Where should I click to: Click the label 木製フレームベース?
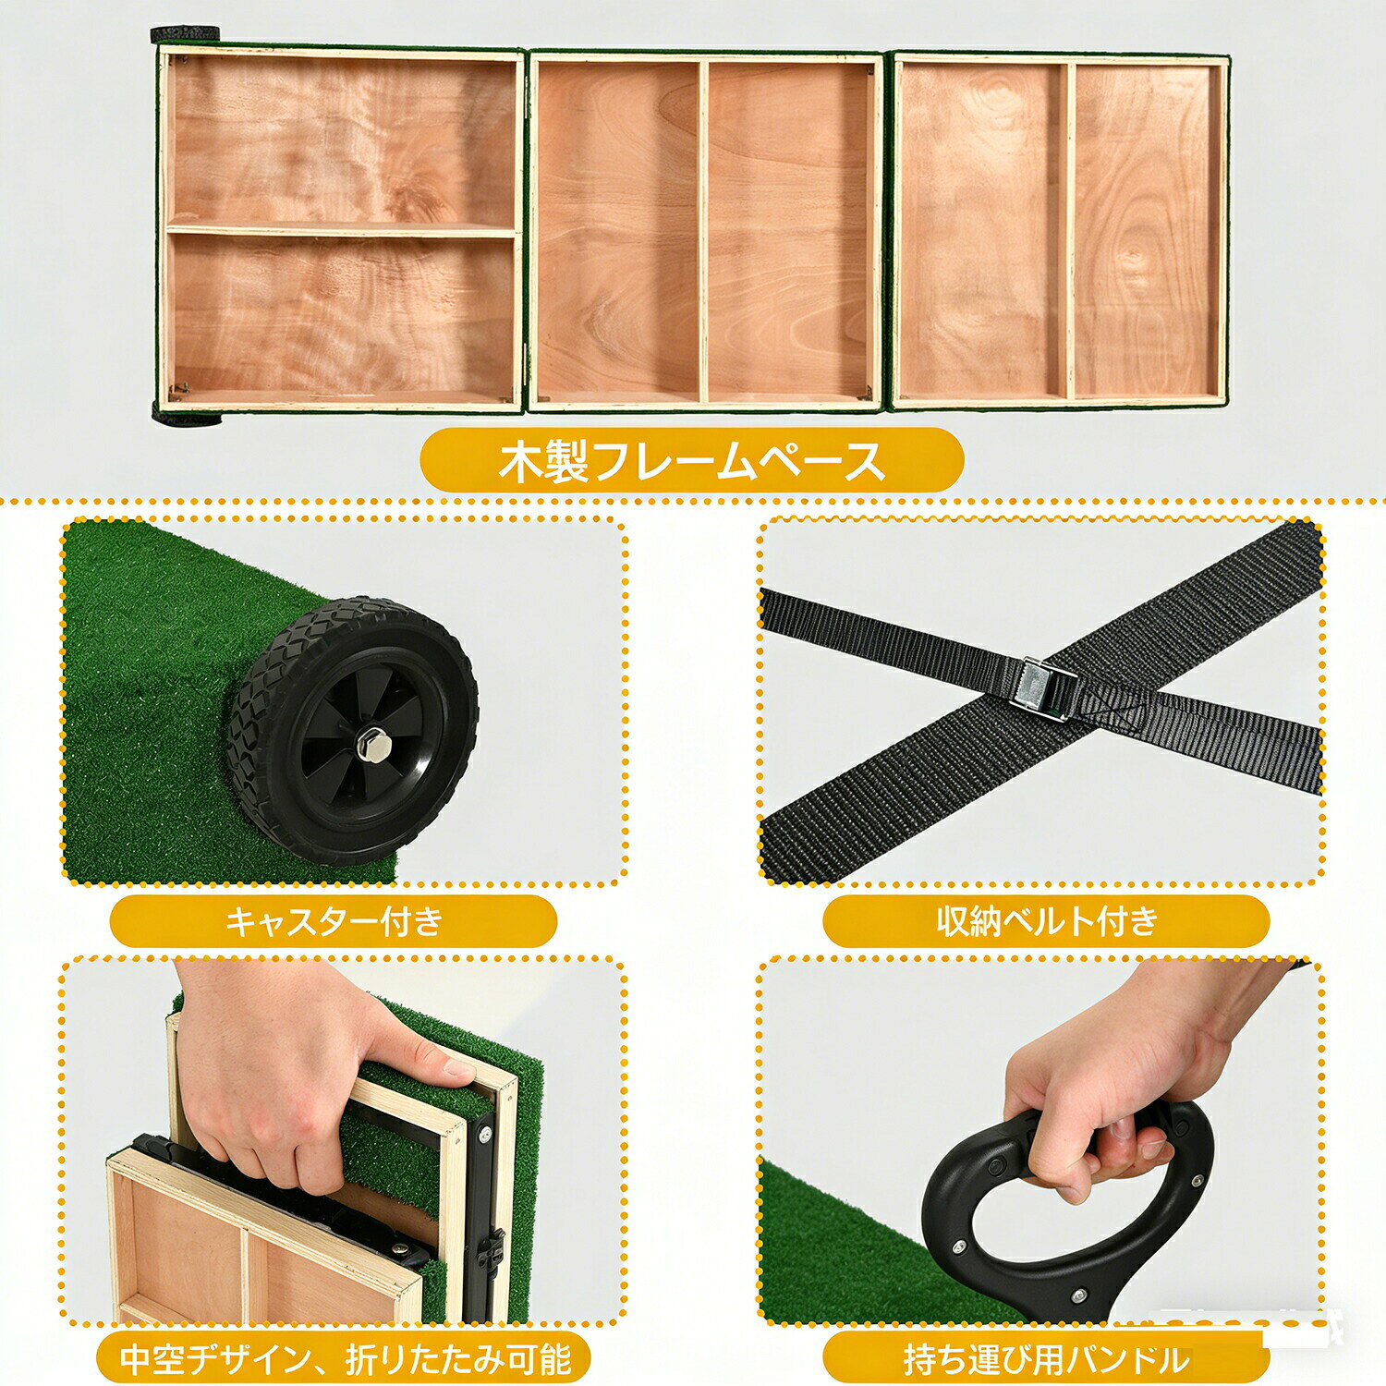tap(691, 460)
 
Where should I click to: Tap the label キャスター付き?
tap(334, 921)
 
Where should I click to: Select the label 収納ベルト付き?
tap(1046, 921)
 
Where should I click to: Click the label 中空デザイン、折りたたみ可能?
tap(345, 1358)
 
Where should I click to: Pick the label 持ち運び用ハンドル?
tap(1045, 1359)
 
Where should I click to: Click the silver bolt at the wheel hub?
tap(372, 743)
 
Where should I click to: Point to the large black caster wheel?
tap(352, 730)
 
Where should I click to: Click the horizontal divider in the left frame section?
tap(342, 231)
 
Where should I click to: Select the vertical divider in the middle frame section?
tap(703, 231)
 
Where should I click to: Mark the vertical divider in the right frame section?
tap(1071, 231)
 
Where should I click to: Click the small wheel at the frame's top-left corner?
tap(186, 34)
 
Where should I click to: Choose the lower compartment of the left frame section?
tap(342, 314)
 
